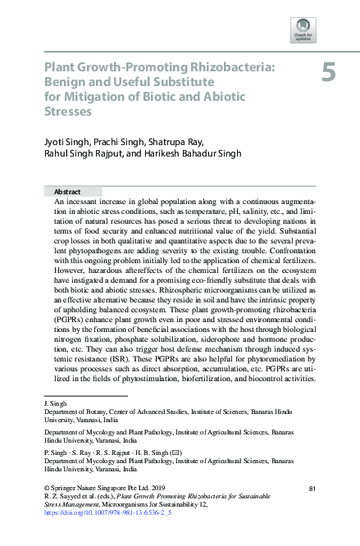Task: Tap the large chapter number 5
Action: tap(328, 73)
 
